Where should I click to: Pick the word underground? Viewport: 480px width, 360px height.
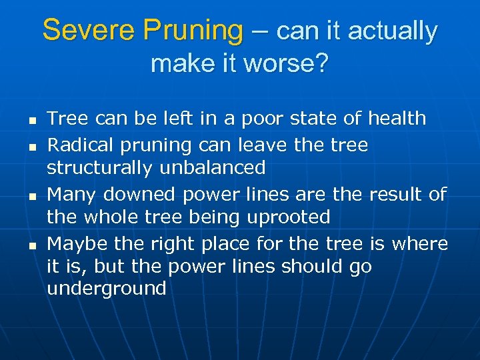click(107, 289)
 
